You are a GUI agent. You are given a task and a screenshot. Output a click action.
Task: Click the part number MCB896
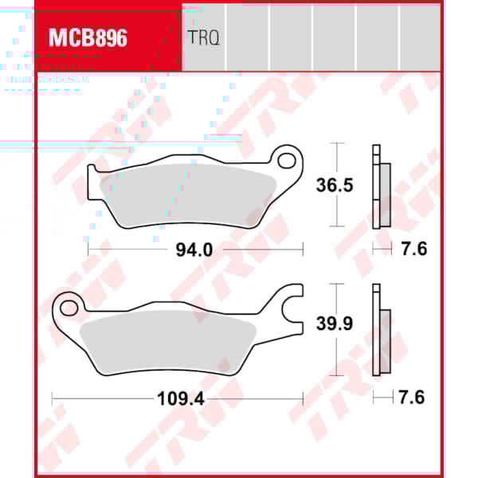click(88, 37)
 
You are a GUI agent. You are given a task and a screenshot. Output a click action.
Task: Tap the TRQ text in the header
click(203, 37)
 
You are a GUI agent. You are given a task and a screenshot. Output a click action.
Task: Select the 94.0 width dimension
click(194, 249)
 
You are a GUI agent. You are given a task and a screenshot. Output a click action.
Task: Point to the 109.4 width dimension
click(182, 398)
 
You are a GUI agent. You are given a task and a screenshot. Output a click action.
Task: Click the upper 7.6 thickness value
click(414, 249)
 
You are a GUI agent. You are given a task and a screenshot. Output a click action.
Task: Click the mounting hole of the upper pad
click(286, 159)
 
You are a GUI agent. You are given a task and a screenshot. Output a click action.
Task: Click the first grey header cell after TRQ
click(248, 37)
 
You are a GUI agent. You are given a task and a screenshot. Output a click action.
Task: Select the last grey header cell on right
click(420, 37)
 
